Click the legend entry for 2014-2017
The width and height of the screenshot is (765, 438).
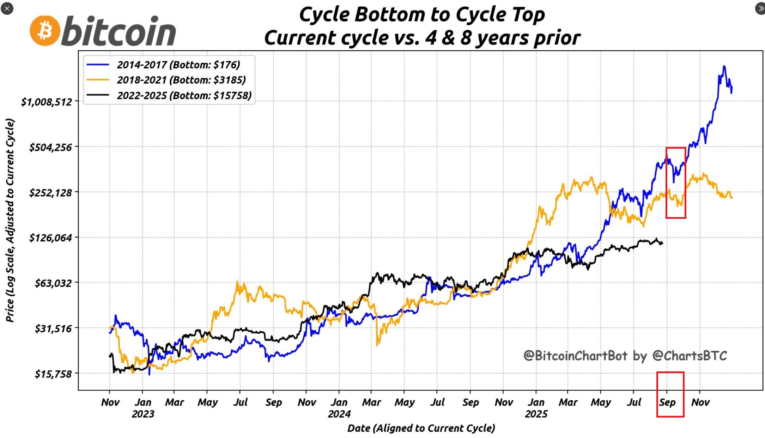click(x=178, y=65)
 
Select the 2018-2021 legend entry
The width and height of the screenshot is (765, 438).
click(x=181, y=80)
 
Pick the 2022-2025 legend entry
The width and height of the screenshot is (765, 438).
click(x=184, y=95)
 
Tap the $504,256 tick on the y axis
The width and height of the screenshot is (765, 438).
click(x=50, y=147)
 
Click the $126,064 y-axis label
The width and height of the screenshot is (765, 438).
click(x=50, y=238)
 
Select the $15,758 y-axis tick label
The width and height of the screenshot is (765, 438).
click(x=53, y=374)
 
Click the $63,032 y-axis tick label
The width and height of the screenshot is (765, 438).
click(x=53, y=283)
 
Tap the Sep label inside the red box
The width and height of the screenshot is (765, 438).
click(x=667, y=402)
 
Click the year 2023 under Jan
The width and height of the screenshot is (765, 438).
click(x=143, y=414)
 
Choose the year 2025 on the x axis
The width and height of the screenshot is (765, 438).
click(x=536, y=414)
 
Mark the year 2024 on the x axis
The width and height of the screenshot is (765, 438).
click(x=339, y=414)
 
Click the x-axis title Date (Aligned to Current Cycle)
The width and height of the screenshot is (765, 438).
click(x=421, y=428)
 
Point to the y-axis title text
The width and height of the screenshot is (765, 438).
click(x=10, y=220)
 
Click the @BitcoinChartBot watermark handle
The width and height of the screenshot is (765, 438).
click(x=575, y=356)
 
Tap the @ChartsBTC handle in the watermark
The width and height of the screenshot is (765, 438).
click(x=690, y=356)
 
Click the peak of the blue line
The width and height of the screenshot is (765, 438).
click(x=724, y=66)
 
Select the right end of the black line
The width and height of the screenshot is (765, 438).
click(x=662, y=243)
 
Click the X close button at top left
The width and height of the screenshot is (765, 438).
click(x=7, y=8)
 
